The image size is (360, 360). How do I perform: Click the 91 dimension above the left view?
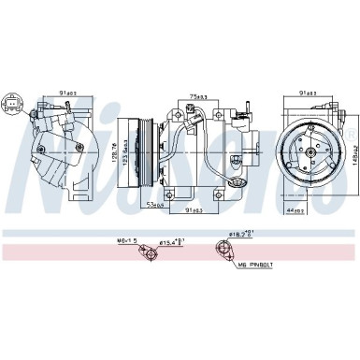(69, 93)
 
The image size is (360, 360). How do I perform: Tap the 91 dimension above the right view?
(307, 93)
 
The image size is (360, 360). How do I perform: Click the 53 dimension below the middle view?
(155, 203)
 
